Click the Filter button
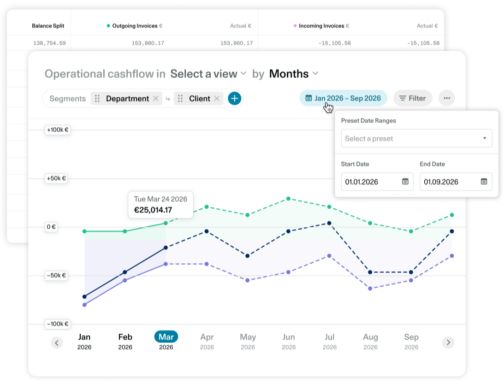pyautogui.click(x=413, y=98)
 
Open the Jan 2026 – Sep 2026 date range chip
pyautogui.click(x=343, y=98)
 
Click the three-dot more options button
pyautogui.click(x=446, y=98)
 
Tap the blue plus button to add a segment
pyautogui.click(x=235, y=98)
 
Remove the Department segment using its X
pyautogui.click(x=156, y=99)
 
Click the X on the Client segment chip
pyautogui.click(x=217, y=99)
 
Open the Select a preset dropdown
pyautogui.click(x=416, y=138)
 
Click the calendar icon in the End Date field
pyautogui.click(x=484, y=182)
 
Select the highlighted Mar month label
pyautogui.click(x=166, y=337)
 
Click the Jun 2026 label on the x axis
pyautogui.click(x=288, y=341)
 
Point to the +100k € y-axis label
pyautogui.click(x=58, y=130)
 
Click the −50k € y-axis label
pyautogui.click(x=56, y=276)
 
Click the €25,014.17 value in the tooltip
pyautogui.click(x=153, y=210)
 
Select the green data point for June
pyautogui.click(x=288, y=199)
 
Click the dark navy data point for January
pyautogui.click(x=84, y=296)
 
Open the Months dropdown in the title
pyautogui.click(x=294, y=74)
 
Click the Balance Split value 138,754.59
pyautogui.click(x=49, y=43)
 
